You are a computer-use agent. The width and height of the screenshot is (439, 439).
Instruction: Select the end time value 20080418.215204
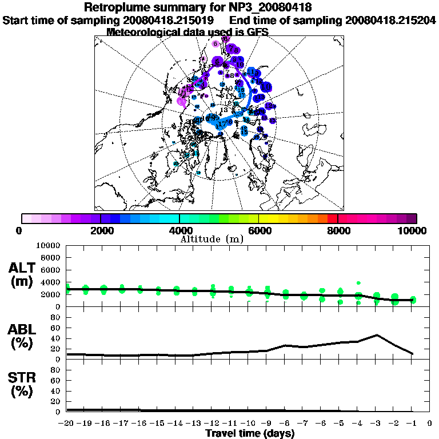[390, 21]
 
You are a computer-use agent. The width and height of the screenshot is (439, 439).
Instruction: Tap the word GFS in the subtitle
[257, 32]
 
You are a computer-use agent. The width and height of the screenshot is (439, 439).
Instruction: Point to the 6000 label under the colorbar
[258, 230]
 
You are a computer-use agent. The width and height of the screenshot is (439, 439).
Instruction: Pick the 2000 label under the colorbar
[101, 230]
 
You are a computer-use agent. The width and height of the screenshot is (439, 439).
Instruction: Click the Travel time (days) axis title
[250, 433]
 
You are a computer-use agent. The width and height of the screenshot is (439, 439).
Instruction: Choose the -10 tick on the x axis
[249, 424]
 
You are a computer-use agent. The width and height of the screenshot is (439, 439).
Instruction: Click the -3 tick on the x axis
[376, 424]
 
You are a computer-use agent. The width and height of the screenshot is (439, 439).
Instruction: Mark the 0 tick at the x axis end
[430, 424]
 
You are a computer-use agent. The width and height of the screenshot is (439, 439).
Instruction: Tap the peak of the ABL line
[376, 335]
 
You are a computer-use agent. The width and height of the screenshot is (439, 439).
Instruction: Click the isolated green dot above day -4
[358, 282]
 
